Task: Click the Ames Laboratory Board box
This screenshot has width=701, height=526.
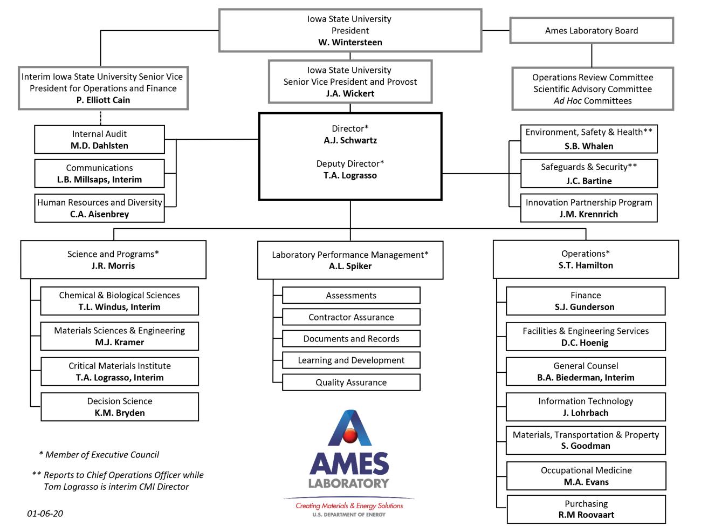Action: (592, 31)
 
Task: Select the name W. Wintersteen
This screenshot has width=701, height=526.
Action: (350, 42)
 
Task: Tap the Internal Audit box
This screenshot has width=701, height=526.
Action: (100, 140)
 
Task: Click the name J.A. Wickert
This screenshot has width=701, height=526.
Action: (350, 93)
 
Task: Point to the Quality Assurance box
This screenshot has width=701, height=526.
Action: (351, 382)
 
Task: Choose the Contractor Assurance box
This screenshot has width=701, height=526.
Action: (351, 317)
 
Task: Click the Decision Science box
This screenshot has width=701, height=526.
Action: (120, 407)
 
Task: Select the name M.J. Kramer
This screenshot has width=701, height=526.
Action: (120, 342)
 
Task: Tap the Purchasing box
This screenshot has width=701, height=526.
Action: (586, 509)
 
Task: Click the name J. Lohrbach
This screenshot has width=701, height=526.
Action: (586, 413)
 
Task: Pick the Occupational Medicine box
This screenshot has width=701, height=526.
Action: (586, 476)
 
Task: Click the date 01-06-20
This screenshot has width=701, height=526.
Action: (45, 514)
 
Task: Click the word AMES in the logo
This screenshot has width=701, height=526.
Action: (349, 463)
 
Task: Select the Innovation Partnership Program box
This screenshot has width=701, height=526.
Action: (589, 208)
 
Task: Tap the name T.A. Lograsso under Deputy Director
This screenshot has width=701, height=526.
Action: (350, 175)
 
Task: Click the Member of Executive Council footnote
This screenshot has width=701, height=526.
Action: (99, 455)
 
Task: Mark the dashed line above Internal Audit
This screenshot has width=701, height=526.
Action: (100, 118)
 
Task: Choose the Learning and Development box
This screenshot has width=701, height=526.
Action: (351, 360)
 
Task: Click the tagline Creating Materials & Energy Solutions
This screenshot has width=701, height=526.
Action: (349, 506)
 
